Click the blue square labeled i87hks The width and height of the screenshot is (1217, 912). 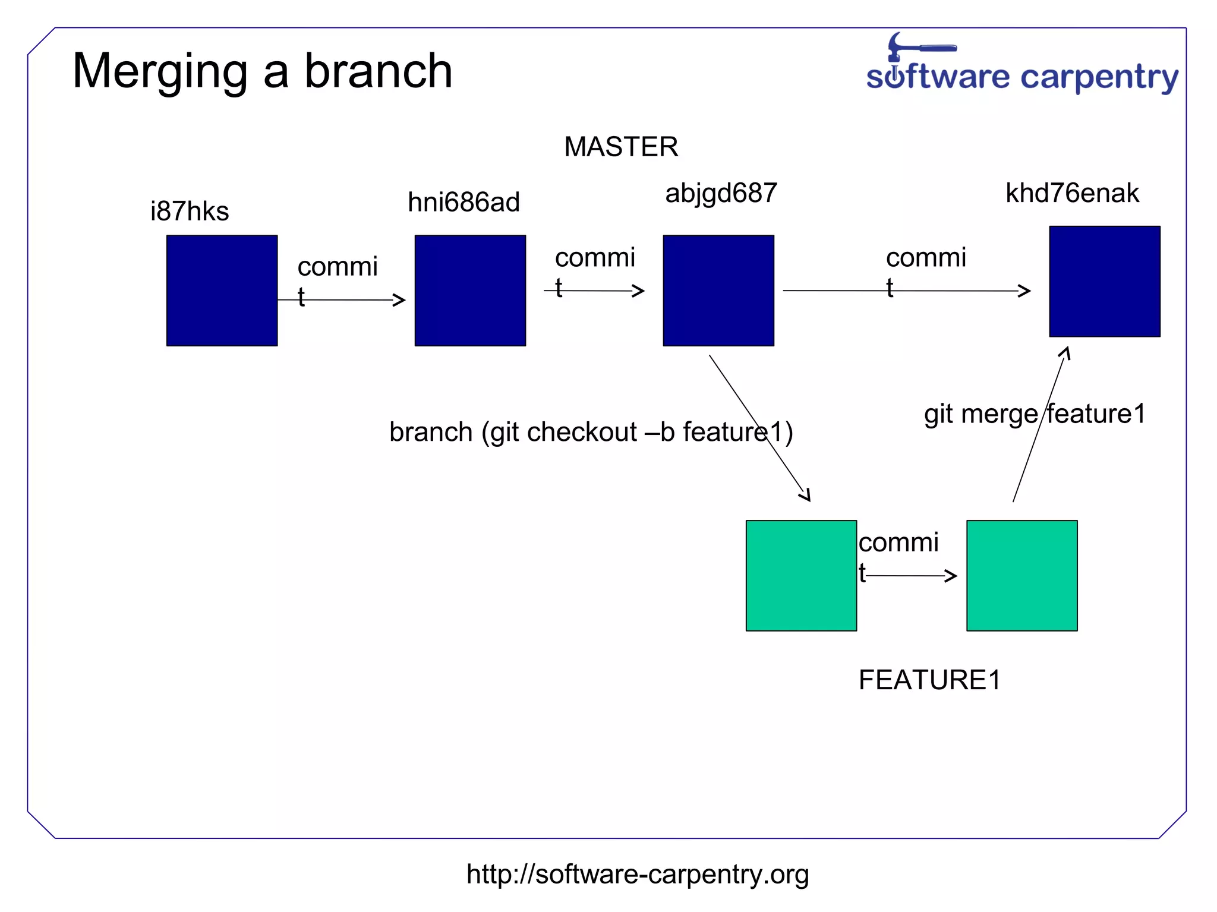point(222,290)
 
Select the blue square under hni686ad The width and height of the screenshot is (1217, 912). point(470,290)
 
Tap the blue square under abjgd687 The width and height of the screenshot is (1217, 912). point(718,290)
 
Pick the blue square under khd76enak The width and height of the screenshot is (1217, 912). point(1104,281)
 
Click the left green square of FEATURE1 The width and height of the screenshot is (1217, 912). point(801,575)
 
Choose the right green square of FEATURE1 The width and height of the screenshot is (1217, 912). point(1021,575)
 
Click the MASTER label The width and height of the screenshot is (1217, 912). point(621,147)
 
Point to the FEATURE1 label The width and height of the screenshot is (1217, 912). point(929,680)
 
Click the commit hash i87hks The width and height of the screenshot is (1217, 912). point(190,212)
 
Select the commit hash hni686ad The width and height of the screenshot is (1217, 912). point(464,202)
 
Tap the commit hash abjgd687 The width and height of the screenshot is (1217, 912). point(721,193)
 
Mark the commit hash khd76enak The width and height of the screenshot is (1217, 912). point(1072,193)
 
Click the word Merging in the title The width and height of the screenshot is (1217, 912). point(159,72)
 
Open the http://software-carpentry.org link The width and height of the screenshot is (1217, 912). point(637,874)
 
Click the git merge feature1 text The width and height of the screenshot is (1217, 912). point(1034,414)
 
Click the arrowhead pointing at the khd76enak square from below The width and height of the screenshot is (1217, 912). point(1065,353)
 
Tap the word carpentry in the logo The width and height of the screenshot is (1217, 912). point(1099,78)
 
